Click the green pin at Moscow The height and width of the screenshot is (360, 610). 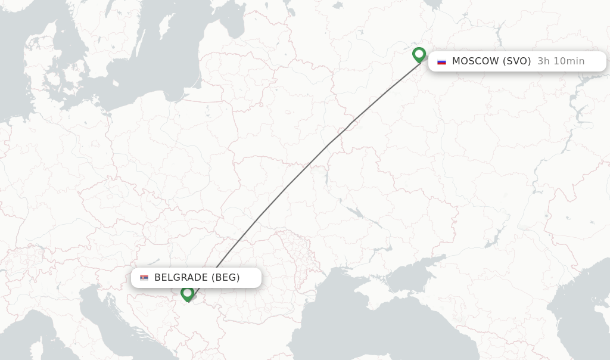[419, 55]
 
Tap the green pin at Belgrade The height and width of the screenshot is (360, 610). [187, 293]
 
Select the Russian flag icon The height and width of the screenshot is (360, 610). [441, 61]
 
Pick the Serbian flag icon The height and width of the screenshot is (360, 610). [144, 278]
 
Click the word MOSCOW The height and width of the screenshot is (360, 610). [475, 61]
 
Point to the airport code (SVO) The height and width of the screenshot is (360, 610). [517, 61]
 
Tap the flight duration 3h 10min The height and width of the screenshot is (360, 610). [561, 61]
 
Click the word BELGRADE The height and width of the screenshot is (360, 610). [181, 277]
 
